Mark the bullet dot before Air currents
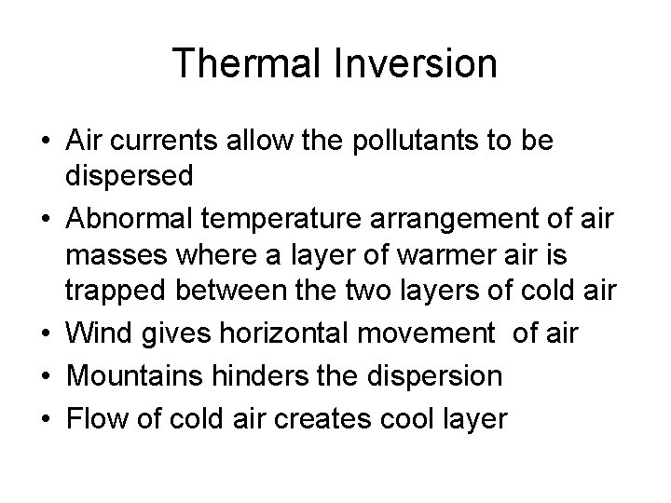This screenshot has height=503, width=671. click(43, 143)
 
